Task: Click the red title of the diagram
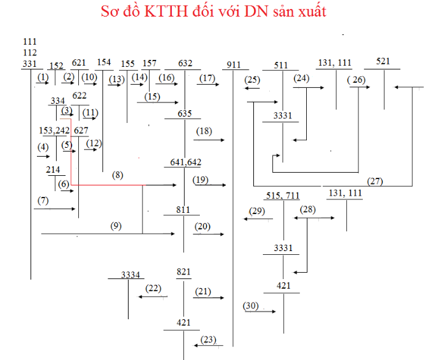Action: (x=214, y=12)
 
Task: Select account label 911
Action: (x=233, y=64)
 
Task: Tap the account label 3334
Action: (x=130, y=275)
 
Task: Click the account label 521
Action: (x=383, y=61)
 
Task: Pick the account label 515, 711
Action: (x=283, y=195)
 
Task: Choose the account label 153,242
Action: (x=54, y=131)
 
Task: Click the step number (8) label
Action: (x=118, y=175)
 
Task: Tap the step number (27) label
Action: (x=375, y=181)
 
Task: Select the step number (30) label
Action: (x=251, y=306)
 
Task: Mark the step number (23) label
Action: (x=208, y=340)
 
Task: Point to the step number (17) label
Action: (x=207, y=78)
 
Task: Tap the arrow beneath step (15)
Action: (x=157, y=102)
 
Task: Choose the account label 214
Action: (x=53, y=170)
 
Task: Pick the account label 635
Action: (x=185, y=113)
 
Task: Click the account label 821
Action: (x=184, y=272)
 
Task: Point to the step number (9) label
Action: (x=115, y=225)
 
